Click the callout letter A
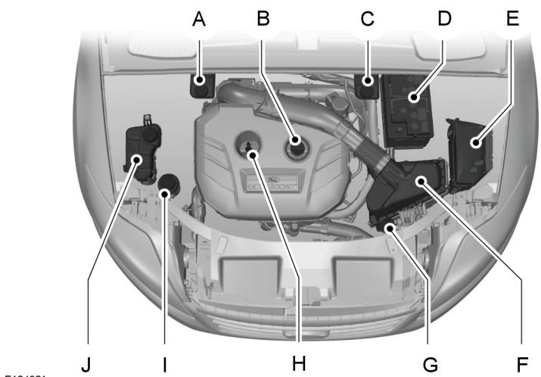click(199, 19)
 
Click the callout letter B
click(263, 19)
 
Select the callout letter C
click(367, 19)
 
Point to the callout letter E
click(513, 19)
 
